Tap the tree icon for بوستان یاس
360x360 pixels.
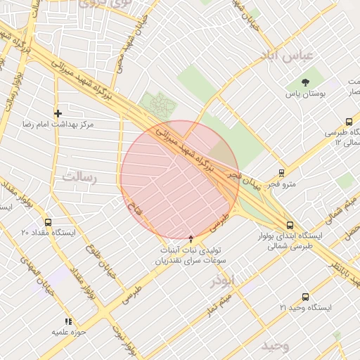(x=304, y=82)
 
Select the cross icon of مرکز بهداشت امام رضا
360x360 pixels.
(x=58, y=113)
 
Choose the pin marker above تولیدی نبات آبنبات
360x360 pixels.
(x=191, y=239)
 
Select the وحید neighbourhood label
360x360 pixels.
(x=275, y=347)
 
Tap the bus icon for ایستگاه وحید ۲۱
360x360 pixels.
(x=304, y=297)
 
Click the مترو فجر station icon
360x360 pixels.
(x=281, y=173)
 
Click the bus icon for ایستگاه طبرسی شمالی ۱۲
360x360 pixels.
(x=349, y=122)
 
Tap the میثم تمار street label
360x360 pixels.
(x=218, y=304)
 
